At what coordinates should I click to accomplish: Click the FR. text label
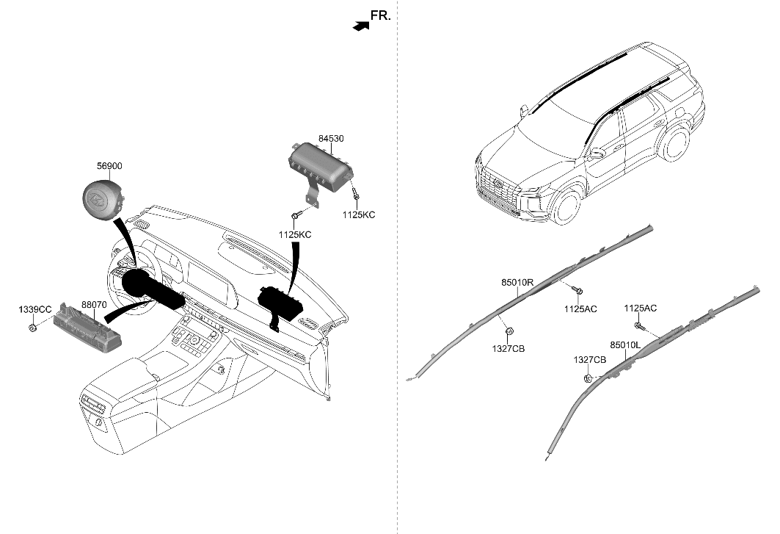click(380, 15)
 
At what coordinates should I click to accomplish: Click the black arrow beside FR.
click(359, 26)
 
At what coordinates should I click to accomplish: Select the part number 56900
click(109, 167)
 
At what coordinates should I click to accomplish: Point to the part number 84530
click(331, 137)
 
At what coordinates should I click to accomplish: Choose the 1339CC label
click(34, 310)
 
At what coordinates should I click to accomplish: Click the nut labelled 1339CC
click(34, 327)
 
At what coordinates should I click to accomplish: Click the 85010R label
click(517, 281)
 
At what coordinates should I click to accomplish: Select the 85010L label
click(625, 344)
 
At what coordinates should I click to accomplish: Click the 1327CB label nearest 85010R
click(509, 349)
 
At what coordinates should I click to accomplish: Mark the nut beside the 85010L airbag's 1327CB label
click(588, 378)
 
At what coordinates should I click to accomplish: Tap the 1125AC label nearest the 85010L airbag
click(640, 309)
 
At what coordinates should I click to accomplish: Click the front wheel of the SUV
click(566, 206)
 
